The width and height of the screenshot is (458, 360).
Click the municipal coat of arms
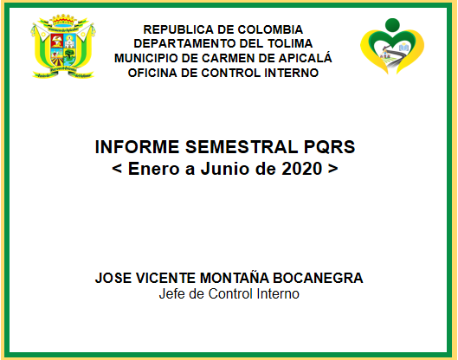point(63,47)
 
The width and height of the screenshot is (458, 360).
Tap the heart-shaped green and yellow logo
point(392,46)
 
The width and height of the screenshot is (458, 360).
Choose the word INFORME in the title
point(137,146)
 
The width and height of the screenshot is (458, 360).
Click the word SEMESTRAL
point(242,146)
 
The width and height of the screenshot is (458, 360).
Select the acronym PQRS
point(330,146)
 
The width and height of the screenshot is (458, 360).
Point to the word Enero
point(153,169)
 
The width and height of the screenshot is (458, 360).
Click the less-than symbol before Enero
point(117,169)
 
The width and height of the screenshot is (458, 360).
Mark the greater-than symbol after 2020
point(333,169)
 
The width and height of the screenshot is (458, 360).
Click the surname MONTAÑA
point(235,277)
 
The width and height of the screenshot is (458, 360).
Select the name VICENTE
point(165,278)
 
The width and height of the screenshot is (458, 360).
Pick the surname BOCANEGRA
point(318,278)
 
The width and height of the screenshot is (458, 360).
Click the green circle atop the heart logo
point(392,24)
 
